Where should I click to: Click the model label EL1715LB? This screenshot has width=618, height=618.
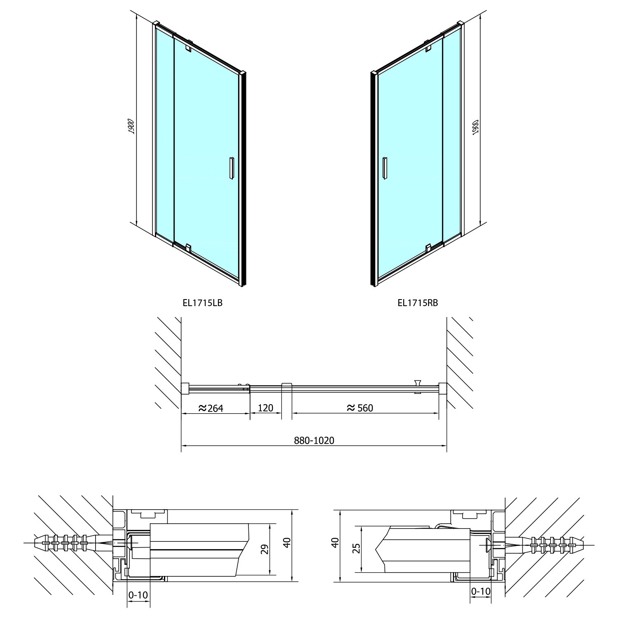coord(203,303)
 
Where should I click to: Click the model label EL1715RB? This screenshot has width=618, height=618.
coord(418,303)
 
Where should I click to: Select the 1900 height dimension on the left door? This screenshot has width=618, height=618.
coord(131,126)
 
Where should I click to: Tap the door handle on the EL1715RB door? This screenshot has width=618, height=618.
coord(385,168)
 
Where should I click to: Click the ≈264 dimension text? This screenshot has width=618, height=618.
coord(211,408)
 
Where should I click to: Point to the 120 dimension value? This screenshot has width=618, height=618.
coord(266,408)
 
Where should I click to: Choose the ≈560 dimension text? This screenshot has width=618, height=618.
coord(360,408)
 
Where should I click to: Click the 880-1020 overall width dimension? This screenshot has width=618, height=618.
coord(314,440)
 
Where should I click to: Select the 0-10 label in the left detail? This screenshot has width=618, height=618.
coord(137,595)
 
